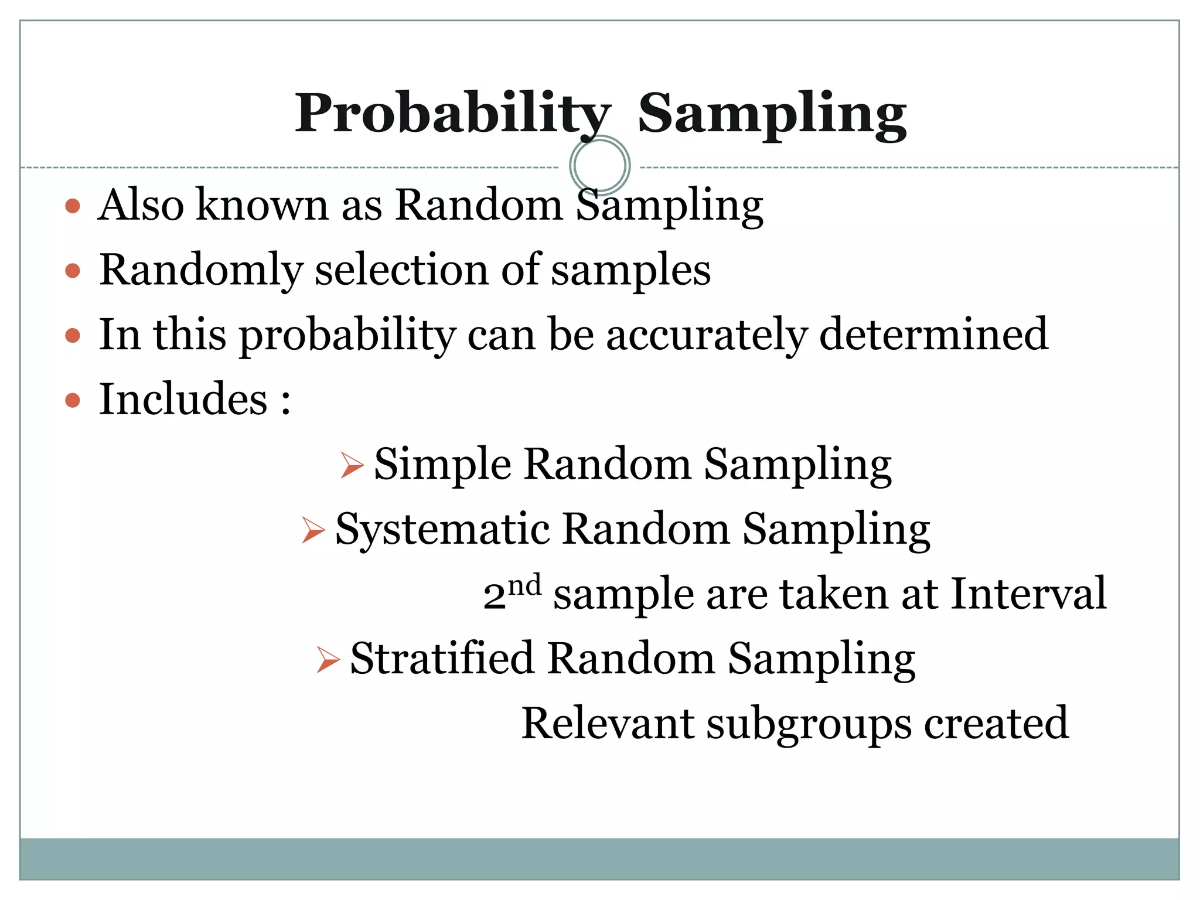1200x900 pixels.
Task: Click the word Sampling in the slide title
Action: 772,114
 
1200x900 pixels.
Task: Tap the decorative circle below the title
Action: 599,165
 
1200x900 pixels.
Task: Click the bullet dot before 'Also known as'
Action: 73,206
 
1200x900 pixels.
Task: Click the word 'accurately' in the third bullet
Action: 706,335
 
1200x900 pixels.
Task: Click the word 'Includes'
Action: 183,399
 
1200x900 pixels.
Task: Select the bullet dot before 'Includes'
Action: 73,401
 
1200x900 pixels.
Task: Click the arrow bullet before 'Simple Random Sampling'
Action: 352,466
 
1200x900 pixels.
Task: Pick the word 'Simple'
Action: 442,465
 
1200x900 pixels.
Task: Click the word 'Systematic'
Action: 442,529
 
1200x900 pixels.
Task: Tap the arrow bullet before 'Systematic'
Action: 313,530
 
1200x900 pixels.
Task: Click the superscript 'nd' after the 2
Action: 524,585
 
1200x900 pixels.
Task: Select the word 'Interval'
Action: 1028,594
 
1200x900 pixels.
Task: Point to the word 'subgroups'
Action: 809,724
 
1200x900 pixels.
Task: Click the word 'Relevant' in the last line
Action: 608,723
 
